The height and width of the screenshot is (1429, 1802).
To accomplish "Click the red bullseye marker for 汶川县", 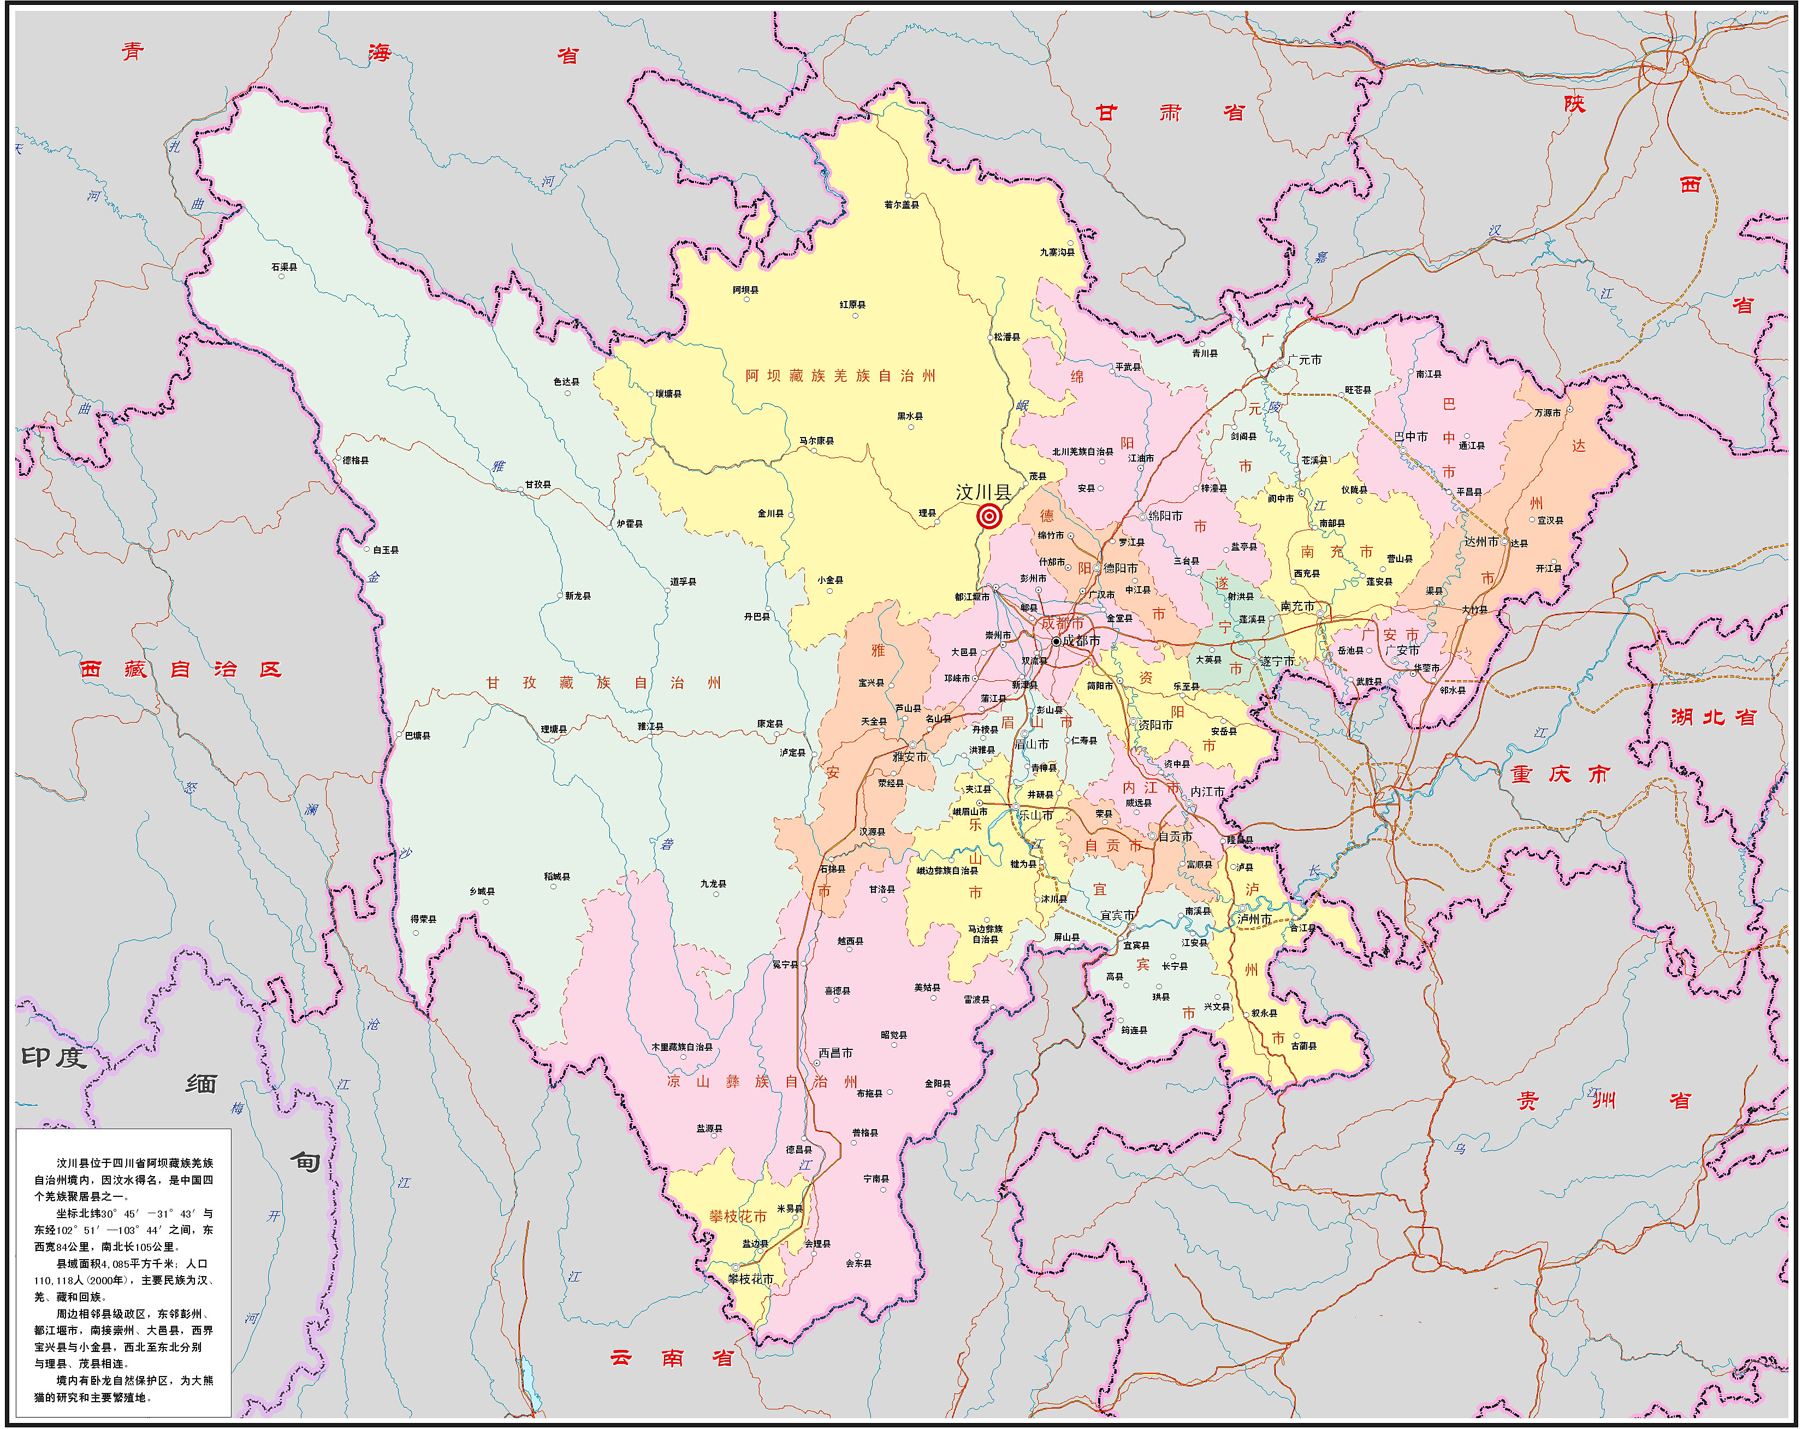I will pyautogui.click(x=989, y=517).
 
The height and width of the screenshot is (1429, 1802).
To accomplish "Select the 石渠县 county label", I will pyautogui.click(x=283, y=267).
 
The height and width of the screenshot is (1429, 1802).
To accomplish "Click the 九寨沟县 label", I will pyautogui.click(x=1057, y=252).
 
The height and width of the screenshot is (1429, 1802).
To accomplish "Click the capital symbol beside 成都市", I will pyautogui.click(x=1056, y=641).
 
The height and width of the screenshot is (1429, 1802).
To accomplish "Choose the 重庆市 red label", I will pyautogui.click(x=1560, y=774).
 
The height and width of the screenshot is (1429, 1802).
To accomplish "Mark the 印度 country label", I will pyautogui.click(x=54, y=1057).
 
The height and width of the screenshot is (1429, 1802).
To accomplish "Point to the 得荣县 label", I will pyautogui.click(x=423, y=919).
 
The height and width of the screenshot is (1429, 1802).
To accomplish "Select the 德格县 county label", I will pyautogui.click(x=355, y=460).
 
